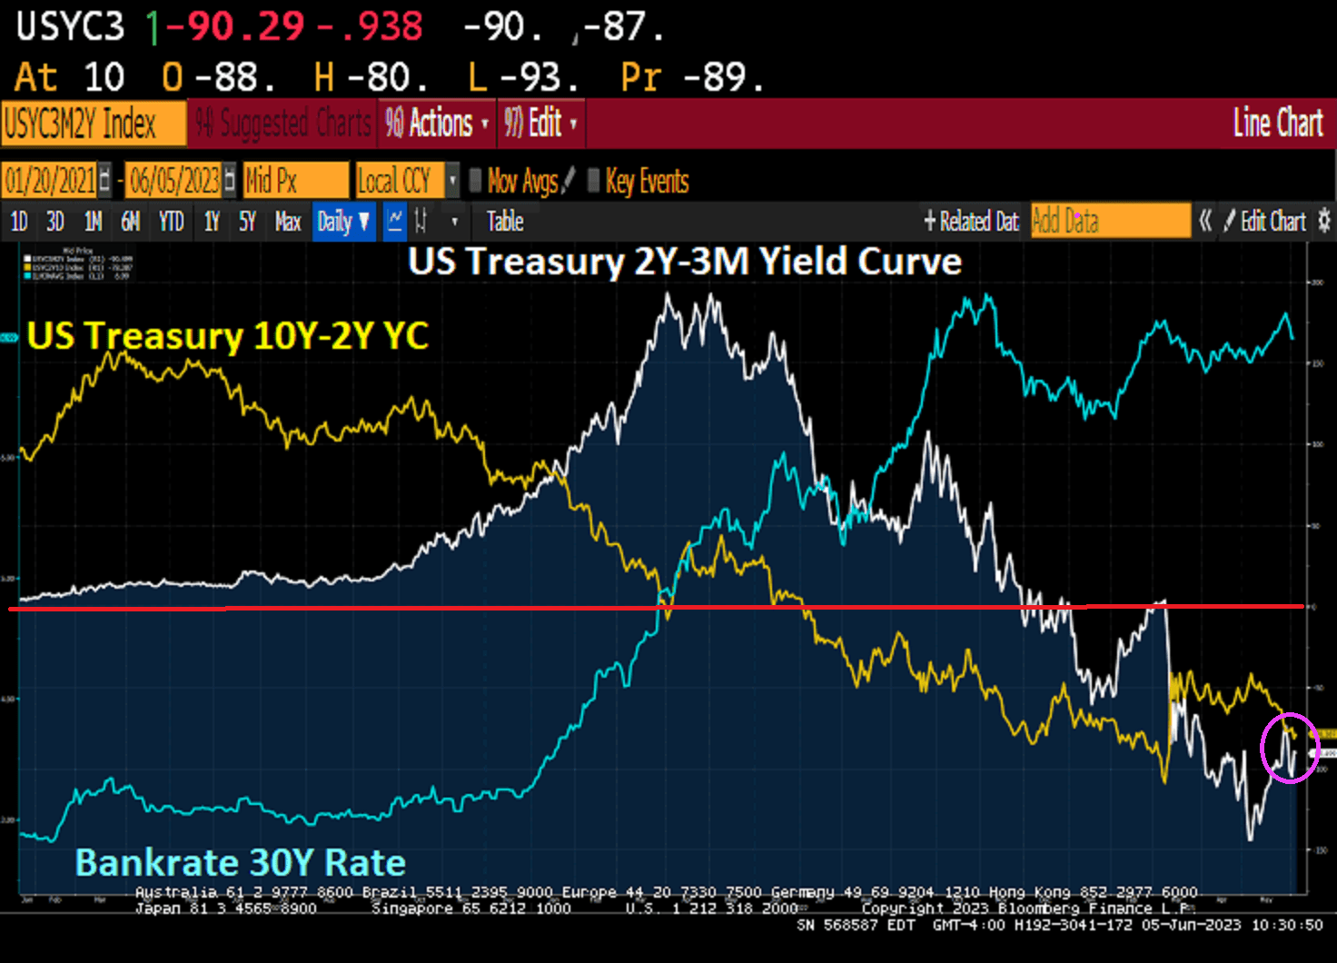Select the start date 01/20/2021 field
(51, 181)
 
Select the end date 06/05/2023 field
(174, 181)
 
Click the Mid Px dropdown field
(294, 181)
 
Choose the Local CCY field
(400, 181)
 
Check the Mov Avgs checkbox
(475, 181)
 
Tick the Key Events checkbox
(594, 181)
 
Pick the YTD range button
(171, 222)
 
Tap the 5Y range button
(247, 222)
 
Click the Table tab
(505, 222)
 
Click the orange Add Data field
(1110, 221)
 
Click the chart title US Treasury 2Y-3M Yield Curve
(684, 262)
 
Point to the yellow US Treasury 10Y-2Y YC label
(227, 336)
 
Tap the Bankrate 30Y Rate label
(240, 862)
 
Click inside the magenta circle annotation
(1289, 748)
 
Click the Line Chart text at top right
(1277, 124)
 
